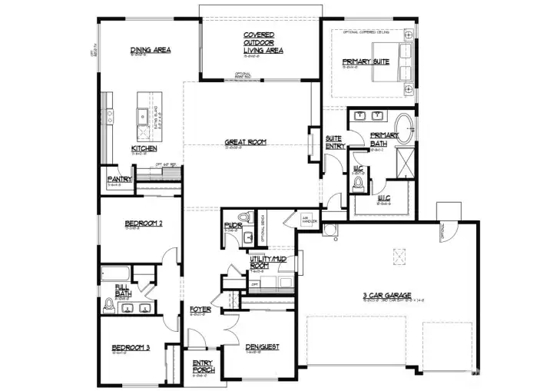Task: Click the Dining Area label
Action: tap(151, 51)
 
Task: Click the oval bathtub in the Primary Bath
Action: tap(404, 124)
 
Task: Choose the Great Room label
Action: tap(246, 142)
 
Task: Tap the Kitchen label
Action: tap(144, 148)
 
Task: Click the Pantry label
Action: tap(120, 179)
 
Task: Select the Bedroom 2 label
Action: tap(144, 224)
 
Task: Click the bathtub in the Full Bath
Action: tap(115, 272)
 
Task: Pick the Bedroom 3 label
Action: tap(131, 347)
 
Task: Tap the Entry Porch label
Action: tap(204, 366)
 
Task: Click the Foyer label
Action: tap(200, 310)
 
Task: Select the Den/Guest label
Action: tap(262, 346)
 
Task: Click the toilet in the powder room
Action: tap(245, 218)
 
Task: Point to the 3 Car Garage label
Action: tap(388, 296)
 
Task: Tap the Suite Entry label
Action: tap(333, 141)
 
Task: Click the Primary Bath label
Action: tap(385, 139)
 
